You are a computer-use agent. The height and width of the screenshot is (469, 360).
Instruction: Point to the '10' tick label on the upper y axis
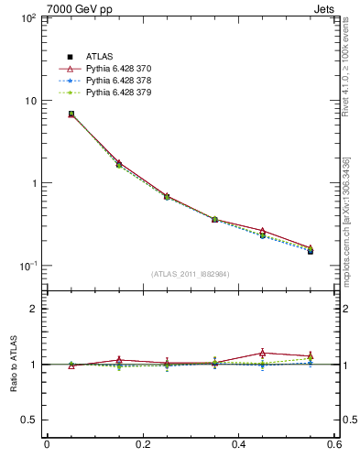point(27,101)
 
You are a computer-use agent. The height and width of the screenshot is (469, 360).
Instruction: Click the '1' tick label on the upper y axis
point(32,183)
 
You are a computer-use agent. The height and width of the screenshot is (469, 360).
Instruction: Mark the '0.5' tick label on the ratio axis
point(27,420)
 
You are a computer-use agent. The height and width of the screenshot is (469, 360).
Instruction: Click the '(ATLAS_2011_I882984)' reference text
point(191,274)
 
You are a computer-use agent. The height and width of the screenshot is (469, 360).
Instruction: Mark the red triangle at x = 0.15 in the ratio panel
point(119,360)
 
